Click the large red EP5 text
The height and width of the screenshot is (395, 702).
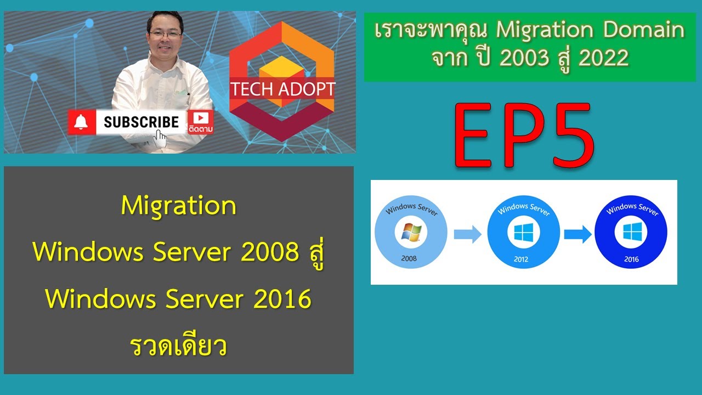coord(524,136)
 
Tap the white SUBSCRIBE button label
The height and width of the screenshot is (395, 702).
coord(141,122)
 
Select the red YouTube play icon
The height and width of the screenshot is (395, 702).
coord(200,117)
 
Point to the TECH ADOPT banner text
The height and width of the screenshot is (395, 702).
coord(282,89)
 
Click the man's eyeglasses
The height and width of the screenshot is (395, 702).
coord(165,34)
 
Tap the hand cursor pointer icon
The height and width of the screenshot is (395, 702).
coord(160,140)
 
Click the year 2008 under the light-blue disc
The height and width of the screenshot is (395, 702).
coord(409,258)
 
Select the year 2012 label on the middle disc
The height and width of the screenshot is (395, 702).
coord(521,259)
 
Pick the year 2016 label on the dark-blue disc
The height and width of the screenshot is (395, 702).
coord(631,259)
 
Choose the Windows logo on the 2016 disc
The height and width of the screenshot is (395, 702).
coord(631,233)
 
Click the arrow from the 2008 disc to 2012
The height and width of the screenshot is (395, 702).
coord(467,234)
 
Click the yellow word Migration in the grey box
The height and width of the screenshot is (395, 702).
coord(179,206)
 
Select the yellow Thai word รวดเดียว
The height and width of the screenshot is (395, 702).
coord(179,347)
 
